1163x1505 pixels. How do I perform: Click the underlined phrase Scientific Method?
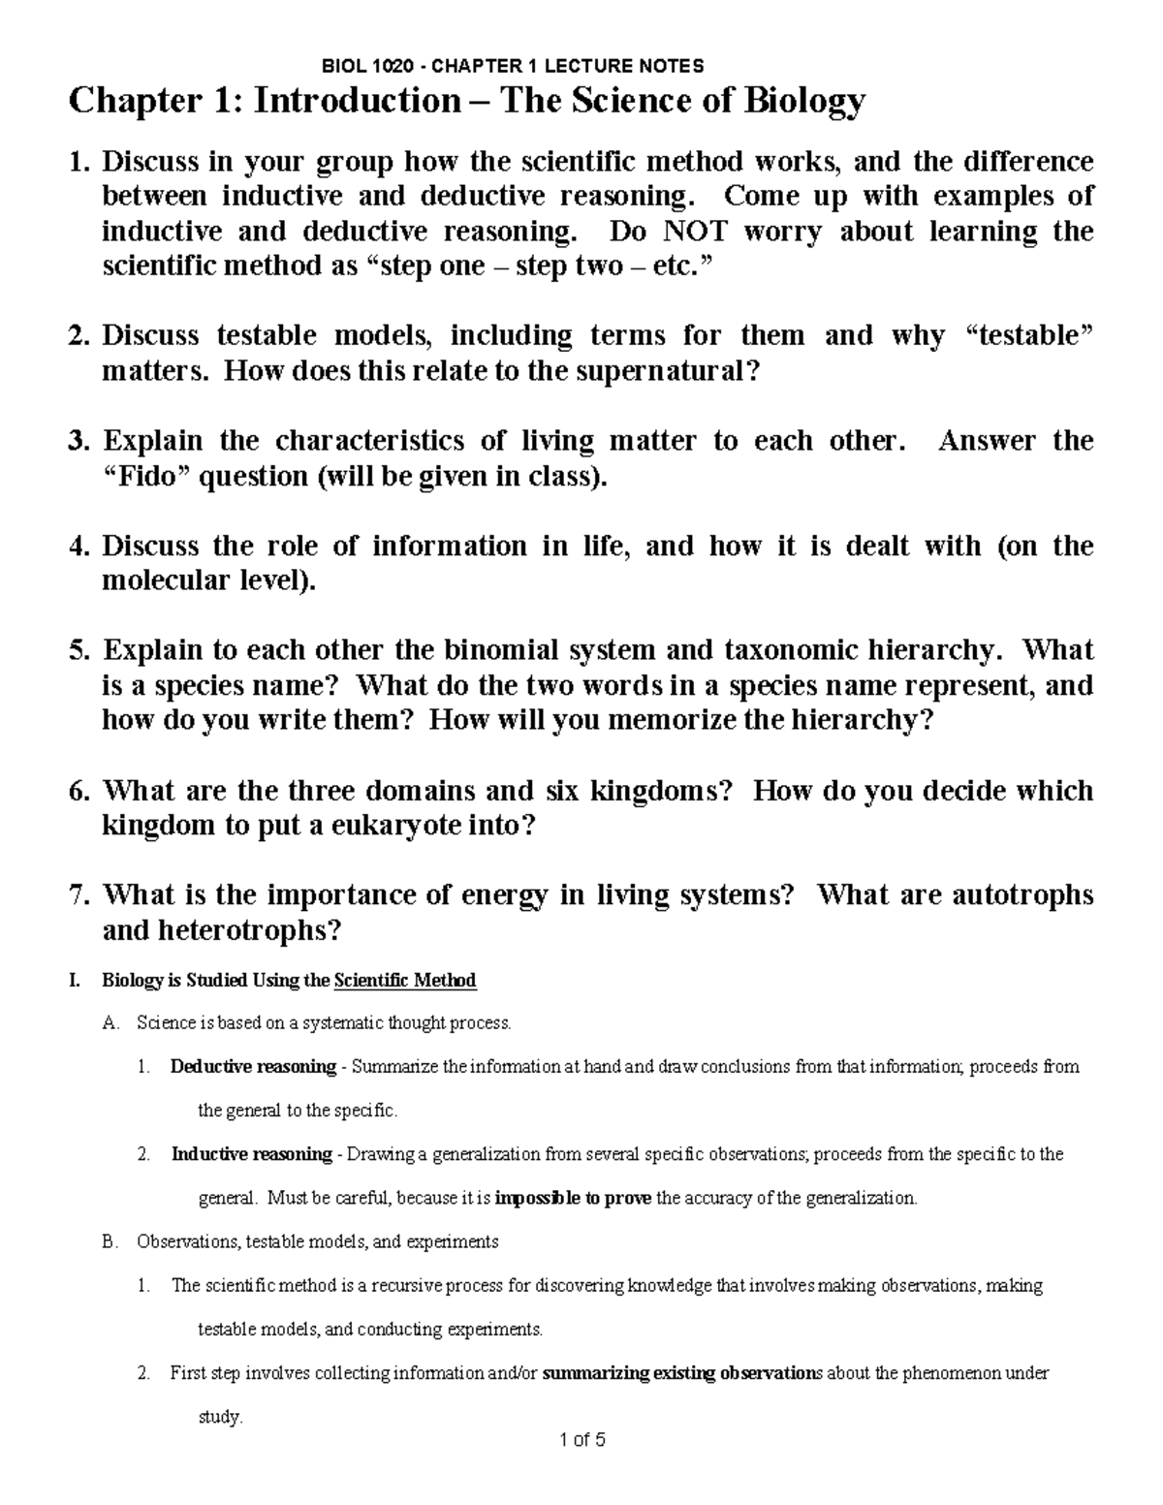[404, 981]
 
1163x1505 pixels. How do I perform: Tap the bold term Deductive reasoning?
[253, 1067]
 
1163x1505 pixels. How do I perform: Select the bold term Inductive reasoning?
[252, 1154]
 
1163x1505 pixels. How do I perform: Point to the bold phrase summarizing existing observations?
[682, 1373]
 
